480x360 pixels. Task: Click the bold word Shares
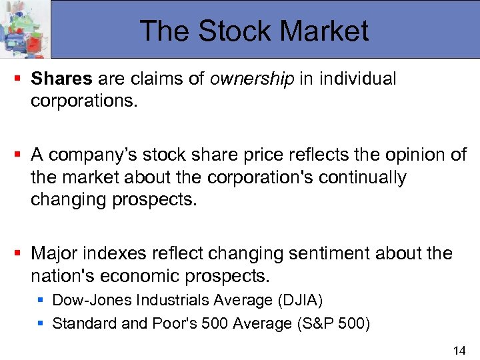62,79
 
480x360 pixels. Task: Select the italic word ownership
251,79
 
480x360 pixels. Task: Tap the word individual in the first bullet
357,79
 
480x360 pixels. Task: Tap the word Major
54,254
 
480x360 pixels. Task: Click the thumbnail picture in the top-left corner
25,29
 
